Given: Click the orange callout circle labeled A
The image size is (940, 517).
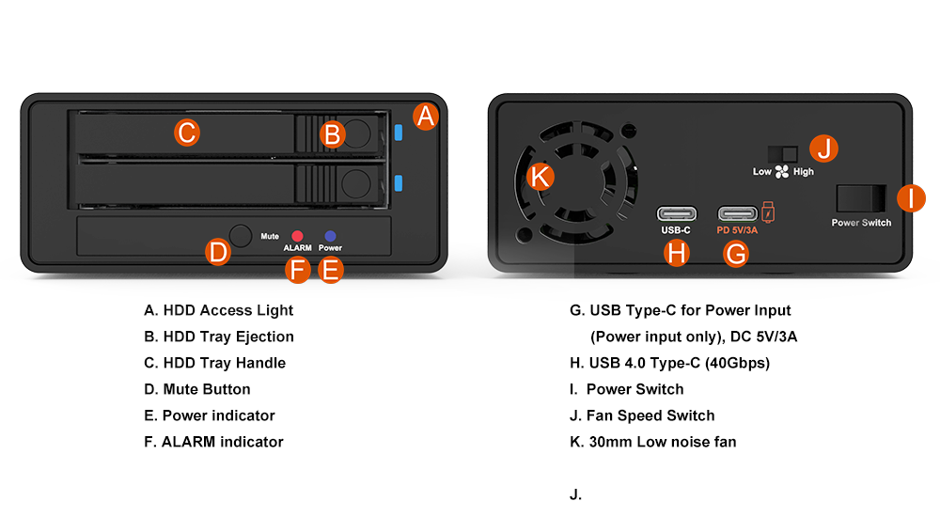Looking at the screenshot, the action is pos(426,117).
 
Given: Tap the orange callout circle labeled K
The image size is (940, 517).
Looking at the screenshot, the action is pos(540,177).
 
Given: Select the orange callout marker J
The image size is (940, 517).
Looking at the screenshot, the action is pos(823,149).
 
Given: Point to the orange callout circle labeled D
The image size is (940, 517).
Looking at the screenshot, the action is pos(218,252).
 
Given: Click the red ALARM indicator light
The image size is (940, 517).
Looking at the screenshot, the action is pos(297,236).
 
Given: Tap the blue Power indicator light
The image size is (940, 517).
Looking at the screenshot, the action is pos(330,236).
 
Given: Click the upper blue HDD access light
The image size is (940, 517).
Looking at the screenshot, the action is pos(399,133).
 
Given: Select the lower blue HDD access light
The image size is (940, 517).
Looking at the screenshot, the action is pos(399,183).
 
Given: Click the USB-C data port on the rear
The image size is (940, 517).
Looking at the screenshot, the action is pos(677,213).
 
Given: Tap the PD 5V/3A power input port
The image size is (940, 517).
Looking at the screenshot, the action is pos(738,213).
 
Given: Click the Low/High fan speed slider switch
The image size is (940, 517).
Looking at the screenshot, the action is pos(782,154).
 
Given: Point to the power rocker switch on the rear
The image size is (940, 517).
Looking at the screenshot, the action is pos(861,198).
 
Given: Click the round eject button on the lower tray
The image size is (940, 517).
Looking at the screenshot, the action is pos(356,183).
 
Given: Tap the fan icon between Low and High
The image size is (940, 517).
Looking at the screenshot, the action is pos(782,172).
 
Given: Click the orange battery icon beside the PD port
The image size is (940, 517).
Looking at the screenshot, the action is pos(768,212).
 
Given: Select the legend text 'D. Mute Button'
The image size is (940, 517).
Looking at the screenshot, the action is pos(197,389).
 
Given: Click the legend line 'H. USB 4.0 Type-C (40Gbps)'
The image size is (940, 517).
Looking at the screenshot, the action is pos(669,363).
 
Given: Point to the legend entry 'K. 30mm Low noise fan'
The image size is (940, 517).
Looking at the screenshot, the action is pos(653,442).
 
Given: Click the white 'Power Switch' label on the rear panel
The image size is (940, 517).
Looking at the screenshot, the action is pos(861,223).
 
